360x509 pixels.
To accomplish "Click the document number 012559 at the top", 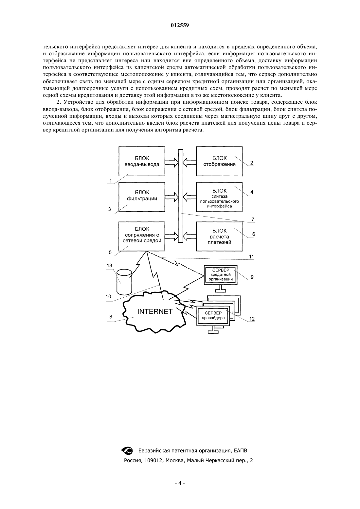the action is (180, 25).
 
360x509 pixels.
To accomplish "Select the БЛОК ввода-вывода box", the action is (142, 161).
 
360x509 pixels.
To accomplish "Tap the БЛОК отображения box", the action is (219, 161).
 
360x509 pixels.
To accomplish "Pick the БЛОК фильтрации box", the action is (142, 197).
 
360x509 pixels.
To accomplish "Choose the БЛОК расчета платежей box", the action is (219, 236).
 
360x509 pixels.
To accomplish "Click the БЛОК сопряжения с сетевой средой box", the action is (142, 236).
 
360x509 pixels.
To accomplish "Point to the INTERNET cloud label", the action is (155, 311).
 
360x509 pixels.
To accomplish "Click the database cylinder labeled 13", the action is (124, 282).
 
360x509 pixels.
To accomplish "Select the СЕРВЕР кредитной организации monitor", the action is (221, 278).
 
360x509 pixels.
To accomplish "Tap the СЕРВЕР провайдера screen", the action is (213, 315).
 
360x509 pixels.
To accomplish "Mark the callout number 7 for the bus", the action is (253, 219).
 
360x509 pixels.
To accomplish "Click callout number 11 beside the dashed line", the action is (251, 257).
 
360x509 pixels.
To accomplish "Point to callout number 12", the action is (252, 319).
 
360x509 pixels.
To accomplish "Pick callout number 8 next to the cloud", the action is (111, 317).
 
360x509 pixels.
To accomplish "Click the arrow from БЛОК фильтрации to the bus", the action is (172, 197).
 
